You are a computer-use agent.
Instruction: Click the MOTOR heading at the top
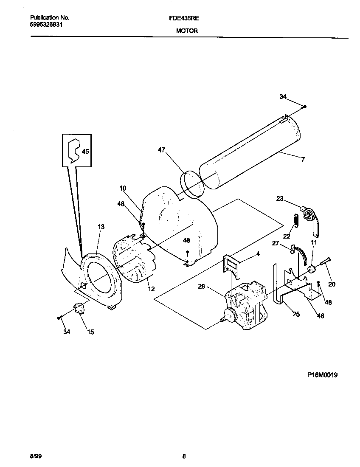pyautogui.click(x=187, y=31)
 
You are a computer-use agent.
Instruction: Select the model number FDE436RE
pyautogui.click(x=187, y=18)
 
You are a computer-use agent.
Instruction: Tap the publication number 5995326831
pyautogui.click(x=48, y=25)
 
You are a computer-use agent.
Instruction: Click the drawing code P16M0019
pyautogui.click(x=322, y=375)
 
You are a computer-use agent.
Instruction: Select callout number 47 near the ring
pyautogui.click(x=161, y=150)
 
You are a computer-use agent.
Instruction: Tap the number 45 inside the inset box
pyautogui.click(x=85, y=151)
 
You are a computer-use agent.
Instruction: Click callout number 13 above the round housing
pyautogui.click(x=101, y=227)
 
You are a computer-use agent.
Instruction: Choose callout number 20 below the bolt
pyautogui.click(x=332, y=284)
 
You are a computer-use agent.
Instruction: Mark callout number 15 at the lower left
pyautogui.click(x=90, y=332)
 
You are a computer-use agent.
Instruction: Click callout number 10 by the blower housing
pyautogui.click(x=123, y=188)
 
